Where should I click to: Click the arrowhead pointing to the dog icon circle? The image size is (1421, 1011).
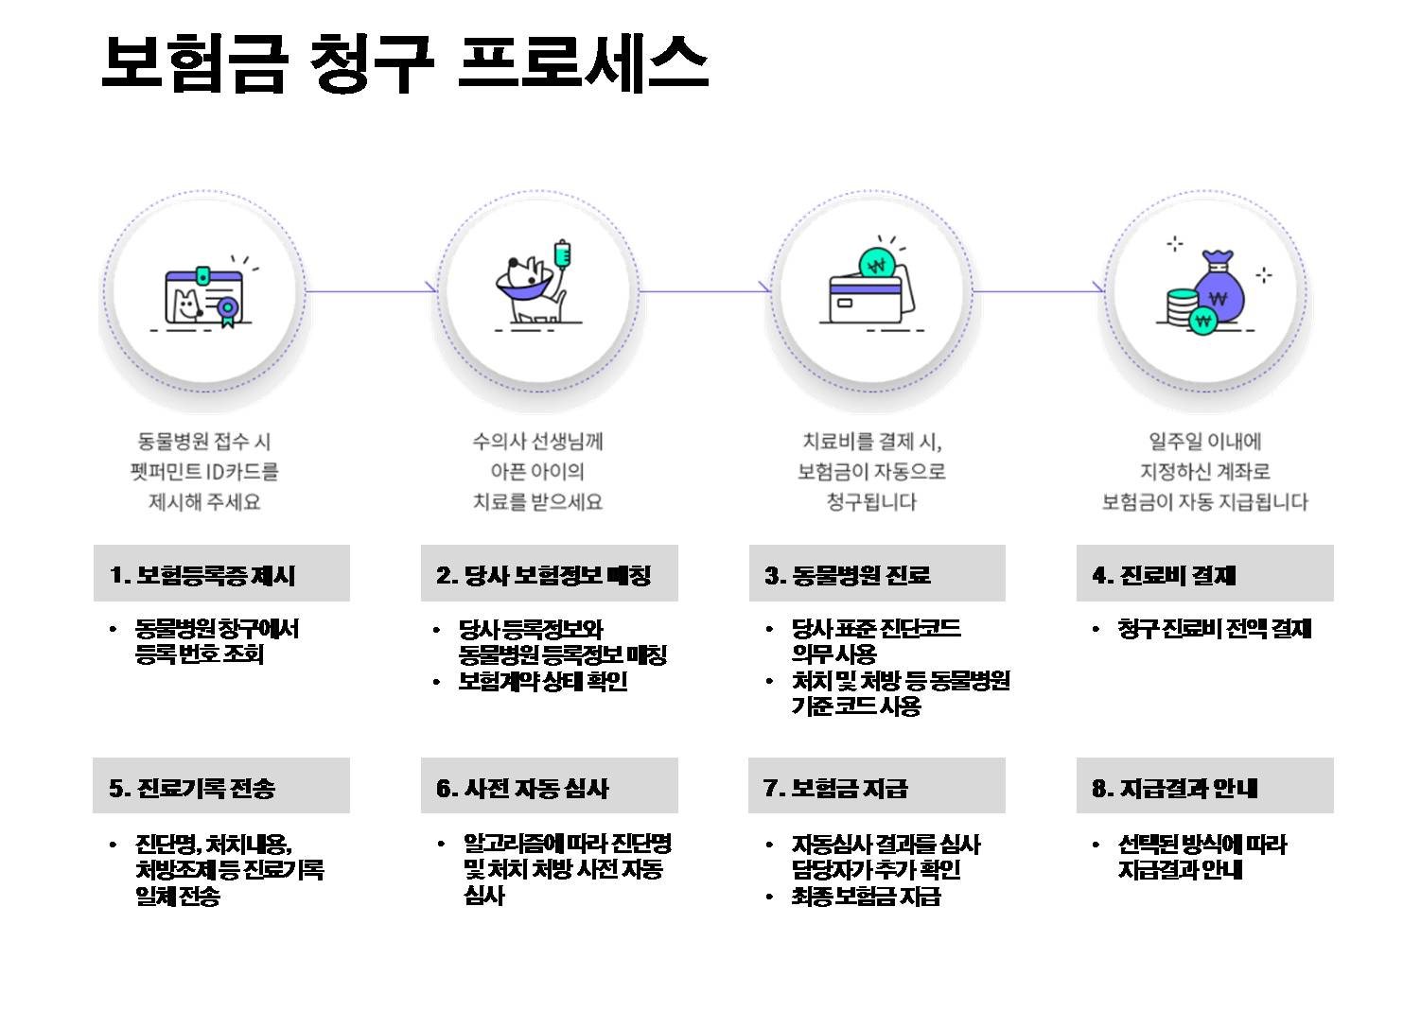[431, 288]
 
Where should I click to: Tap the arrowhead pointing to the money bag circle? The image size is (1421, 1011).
[1098, 288]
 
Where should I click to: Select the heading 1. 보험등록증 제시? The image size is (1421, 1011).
[202, 575]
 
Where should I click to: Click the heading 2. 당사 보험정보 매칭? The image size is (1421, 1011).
[544, 575]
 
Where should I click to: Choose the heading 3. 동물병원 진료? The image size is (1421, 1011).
[848, 575]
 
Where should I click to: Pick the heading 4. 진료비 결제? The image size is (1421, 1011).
[1164, 575]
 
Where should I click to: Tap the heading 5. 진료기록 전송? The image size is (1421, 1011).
[192, 788]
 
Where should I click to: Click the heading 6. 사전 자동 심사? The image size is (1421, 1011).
[522, 788]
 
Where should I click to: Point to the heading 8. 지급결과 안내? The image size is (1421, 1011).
[1174, 788]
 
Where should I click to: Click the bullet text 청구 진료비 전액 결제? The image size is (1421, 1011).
[1214, 629]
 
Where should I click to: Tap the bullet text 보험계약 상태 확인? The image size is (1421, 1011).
[543, 682]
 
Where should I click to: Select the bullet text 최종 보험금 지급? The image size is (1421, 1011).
[866, 897]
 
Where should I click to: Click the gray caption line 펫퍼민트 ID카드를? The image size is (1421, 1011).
[204, 471]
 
